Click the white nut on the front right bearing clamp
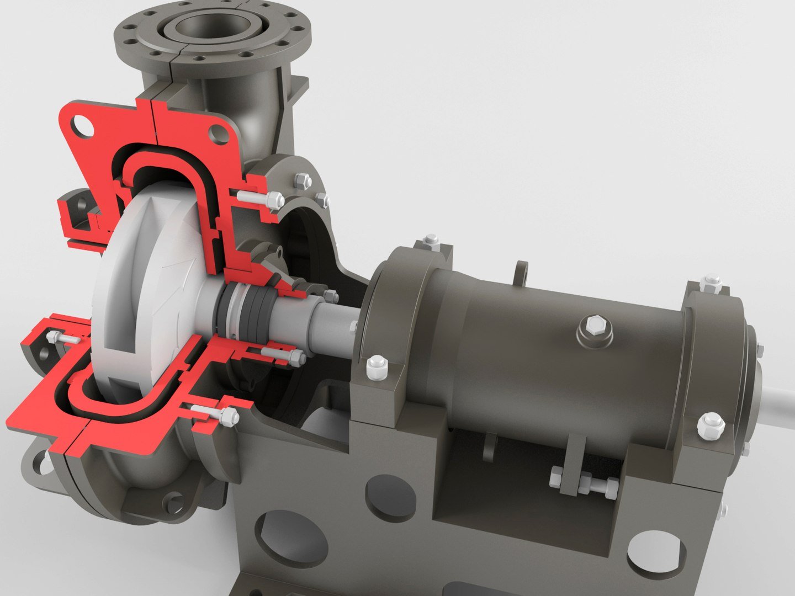[x=711, y=425]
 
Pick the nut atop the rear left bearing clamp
[x=431, y=240]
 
